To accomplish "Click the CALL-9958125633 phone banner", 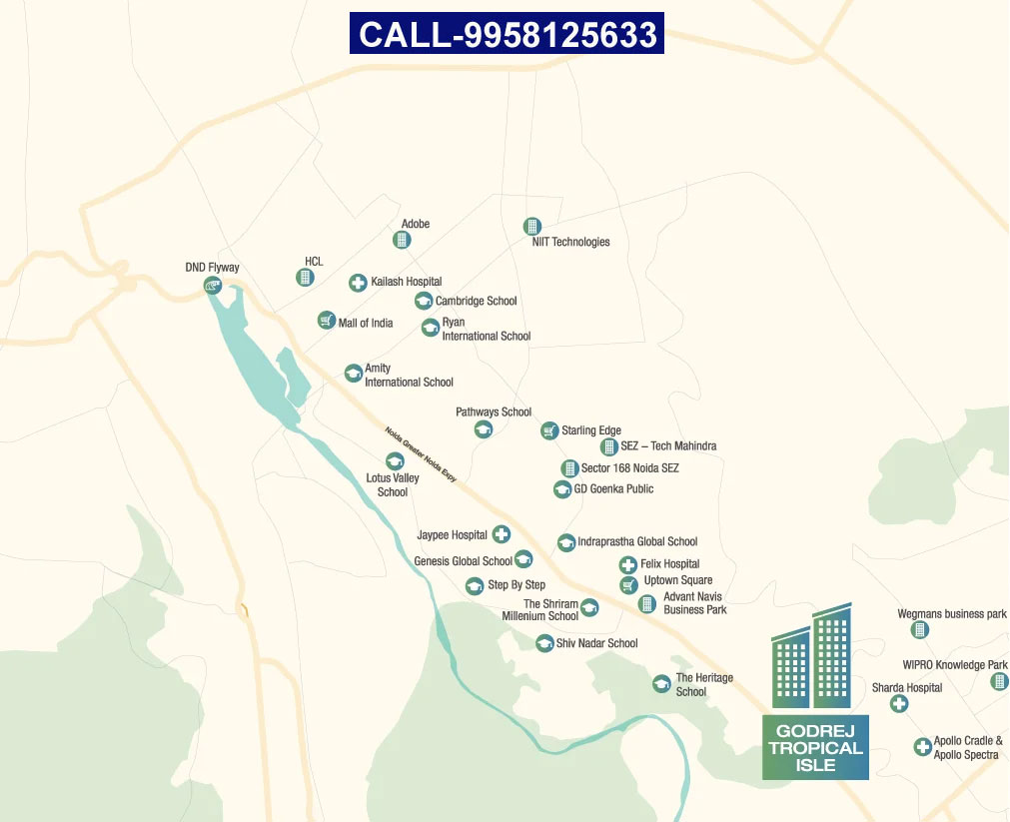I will (506, 34).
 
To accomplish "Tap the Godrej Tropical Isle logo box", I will (815, 747).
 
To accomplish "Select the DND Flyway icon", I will (212, 286).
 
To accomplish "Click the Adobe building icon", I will (402, 240).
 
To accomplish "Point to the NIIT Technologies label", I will (570, 242).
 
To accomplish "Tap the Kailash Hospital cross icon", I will (358, 283).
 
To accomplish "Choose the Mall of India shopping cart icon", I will (326, 321).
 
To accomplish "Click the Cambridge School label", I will (476, 301).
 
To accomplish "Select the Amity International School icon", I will (353, 373).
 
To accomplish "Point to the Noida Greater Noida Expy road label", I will (421, 454).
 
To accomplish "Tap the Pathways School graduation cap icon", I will (484, 429).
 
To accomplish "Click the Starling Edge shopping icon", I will (549, 430).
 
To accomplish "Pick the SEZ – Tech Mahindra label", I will (668, 446).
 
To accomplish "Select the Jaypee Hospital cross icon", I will (502, 535).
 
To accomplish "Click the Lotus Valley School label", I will (393, 484).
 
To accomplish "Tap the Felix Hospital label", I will (669, 564).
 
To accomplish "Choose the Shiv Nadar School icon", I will (544, 643).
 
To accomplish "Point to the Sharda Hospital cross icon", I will (899, 704).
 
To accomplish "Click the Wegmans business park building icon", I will (920, 630).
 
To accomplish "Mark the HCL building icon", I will (306, 277).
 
